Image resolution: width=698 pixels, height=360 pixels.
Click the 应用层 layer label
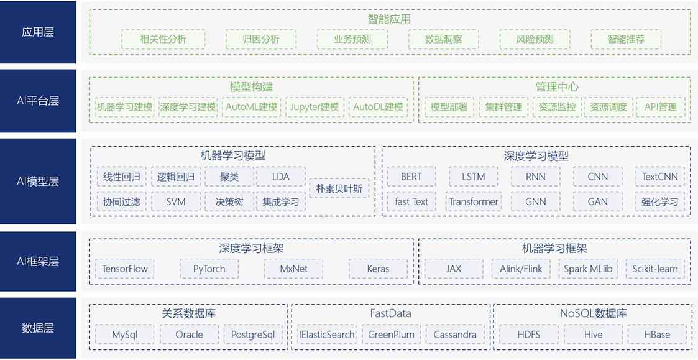tap(38, 32)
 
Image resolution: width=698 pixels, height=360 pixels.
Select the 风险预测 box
tap(535, 39)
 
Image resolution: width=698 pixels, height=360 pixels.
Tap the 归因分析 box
tap(261, 39)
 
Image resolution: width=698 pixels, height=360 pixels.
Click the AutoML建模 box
tap(252, 107)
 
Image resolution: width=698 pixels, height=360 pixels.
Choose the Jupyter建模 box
tap(315, 107)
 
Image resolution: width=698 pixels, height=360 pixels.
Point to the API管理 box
tap(661, 107)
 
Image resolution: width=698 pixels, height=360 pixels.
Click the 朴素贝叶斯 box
tap(339, 188)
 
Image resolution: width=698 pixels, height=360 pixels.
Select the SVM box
tap(176, 201)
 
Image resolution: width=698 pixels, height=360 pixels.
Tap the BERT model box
tap(411, 177)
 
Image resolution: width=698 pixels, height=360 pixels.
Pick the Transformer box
tap(474, 201)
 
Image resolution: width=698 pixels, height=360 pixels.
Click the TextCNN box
tap(660, 177)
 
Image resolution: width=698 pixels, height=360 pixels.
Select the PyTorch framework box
tap(209, 269)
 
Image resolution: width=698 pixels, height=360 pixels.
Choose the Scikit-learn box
tap(655, 269)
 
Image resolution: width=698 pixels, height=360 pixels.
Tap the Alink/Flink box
tap(521, 269)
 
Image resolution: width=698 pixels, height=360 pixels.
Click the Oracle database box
tap(189, 335)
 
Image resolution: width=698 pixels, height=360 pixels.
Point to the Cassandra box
tap(455, 335)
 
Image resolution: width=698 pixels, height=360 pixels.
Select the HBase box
tap(657, 335)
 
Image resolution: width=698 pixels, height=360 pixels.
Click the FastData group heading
tap(390, 313)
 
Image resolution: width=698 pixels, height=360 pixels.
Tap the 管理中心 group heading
tap(557, 87)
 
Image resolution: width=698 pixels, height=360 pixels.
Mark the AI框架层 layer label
tap(38, 262)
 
